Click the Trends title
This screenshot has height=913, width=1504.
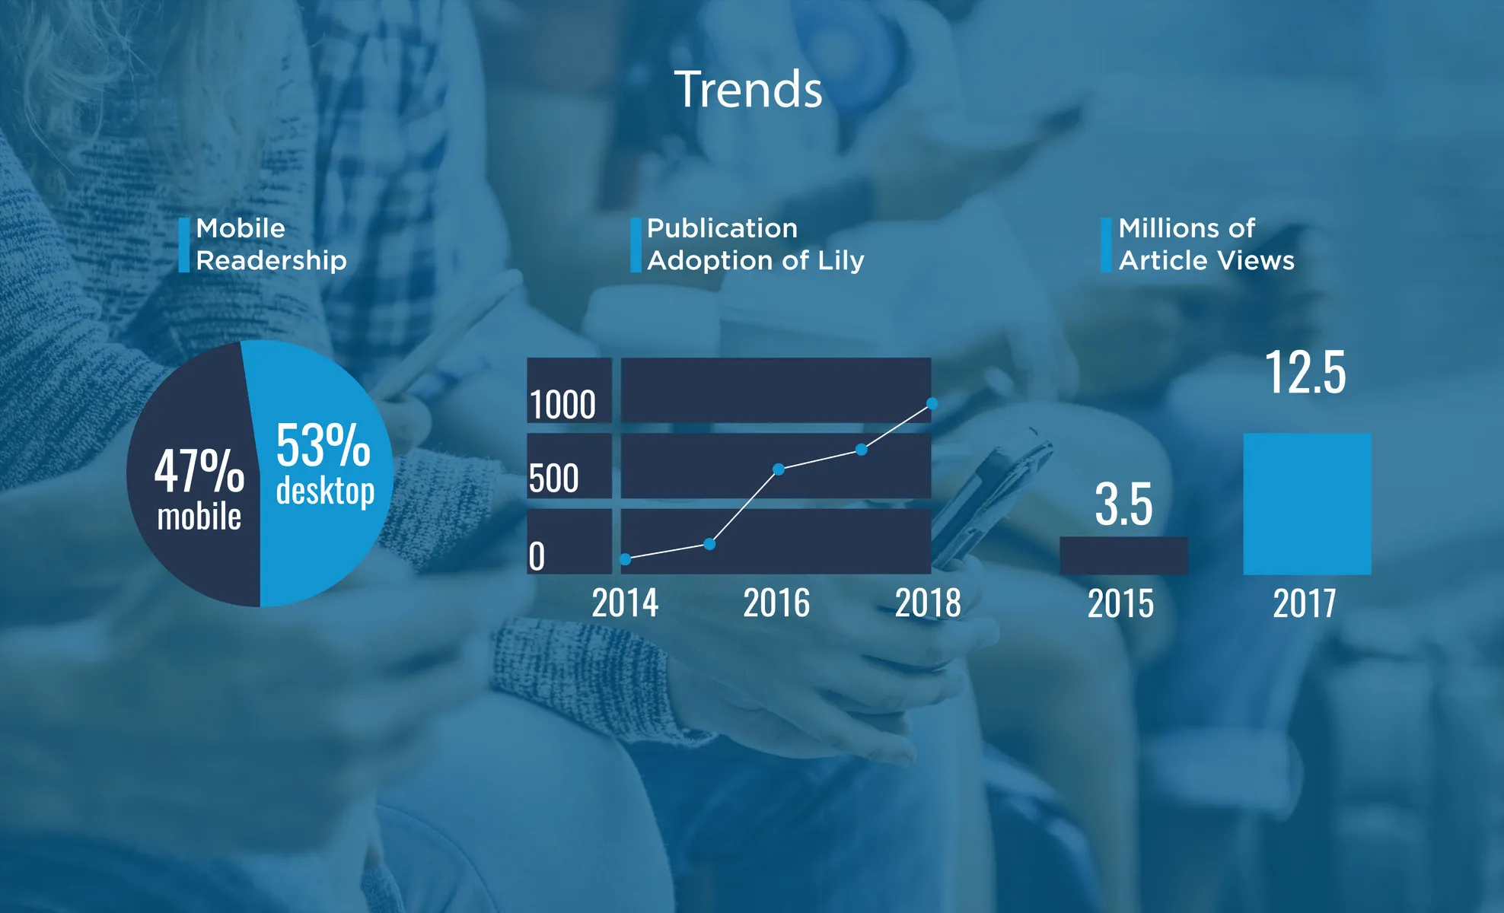[x=748, y=89]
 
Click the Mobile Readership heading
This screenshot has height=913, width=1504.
[x=271, y=244]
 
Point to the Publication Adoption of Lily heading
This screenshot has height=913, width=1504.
[x=756, y=244]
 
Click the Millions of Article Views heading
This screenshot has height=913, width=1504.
[x=1206, y=244]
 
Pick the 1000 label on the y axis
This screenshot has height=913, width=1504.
[x=562, y=404]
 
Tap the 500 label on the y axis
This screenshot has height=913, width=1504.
[x=554, y=479]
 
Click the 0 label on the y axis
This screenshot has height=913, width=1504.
[x=537, y=556]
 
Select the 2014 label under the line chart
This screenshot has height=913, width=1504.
[x=625, y=603]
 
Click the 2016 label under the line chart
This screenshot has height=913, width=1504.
[x=776, y=603]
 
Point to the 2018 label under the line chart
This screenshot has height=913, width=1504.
[x=928, y=603]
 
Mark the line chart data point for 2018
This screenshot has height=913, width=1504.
[x=932, y=403]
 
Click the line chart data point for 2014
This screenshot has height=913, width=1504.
[x=625, y=559]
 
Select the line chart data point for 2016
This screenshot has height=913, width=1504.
[x=779, y=469]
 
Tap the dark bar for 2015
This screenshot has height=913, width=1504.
[x=1123, y=555]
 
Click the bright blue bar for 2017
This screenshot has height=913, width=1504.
[x=1307, y=504]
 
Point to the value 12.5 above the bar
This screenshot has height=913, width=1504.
[x=1305, y=373]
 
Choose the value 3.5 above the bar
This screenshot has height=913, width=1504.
[x=1123, y=504]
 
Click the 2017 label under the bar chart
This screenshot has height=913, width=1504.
[x=1305, y=603]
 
